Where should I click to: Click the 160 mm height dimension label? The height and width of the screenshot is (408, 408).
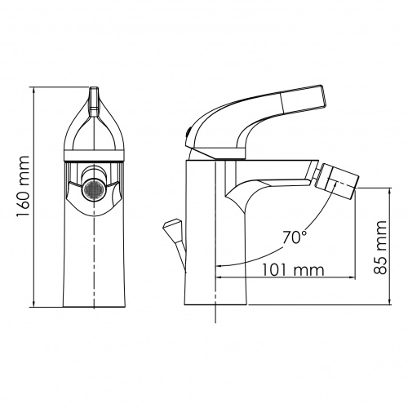23,186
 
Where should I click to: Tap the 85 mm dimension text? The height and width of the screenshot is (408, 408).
379,247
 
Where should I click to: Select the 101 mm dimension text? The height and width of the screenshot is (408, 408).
293,270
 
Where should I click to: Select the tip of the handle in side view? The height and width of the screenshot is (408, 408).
324,95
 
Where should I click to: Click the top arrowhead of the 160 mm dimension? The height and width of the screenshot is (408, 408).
33,91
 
